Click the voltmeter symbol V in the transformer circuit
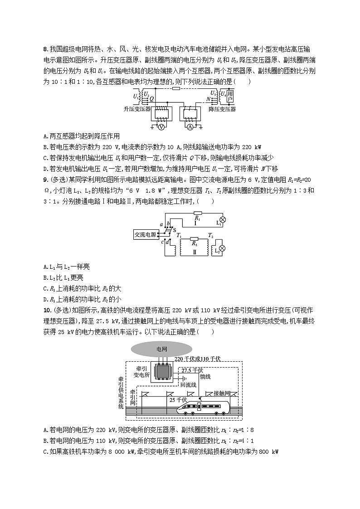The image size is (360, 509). click(160, 127)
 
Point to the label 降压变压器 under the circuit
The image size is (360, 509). click(222, 109)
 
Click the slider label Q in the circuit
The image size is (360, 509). click(151, 97)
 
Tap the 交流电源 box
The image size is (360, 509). click(145, 234)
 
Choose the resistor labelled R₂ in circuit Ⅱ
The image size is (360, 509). click(194, 239)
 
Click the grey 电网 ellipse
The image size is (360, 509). click(161, 349)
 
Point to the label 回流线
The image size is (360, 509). click(188, 384)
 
